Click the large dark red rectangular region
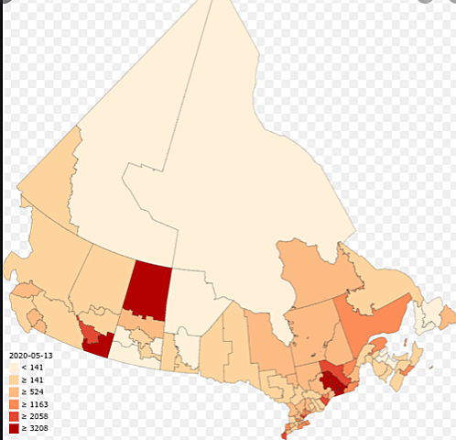(147, 287)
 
